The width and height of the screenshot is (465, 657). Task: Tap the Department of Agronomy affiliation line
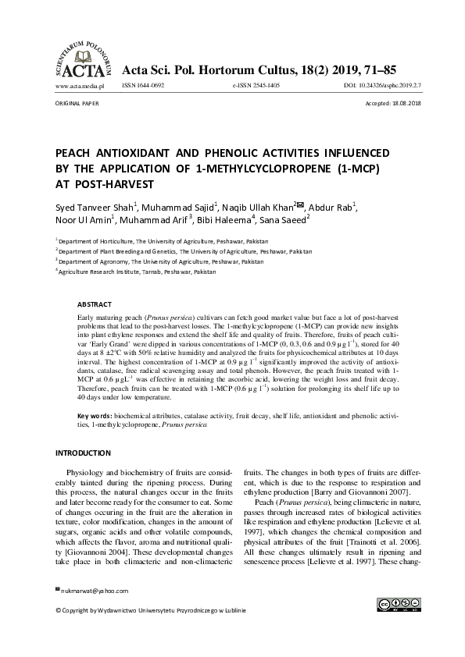pyautogui.click(x=162, y=262)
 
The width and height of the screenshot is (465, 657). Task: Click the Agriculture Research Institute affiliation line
pyautogui.click(x=138, y=272)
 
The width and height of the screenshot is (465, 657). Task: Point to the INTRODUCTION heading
pyautogui.click(x=83, y=453)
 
